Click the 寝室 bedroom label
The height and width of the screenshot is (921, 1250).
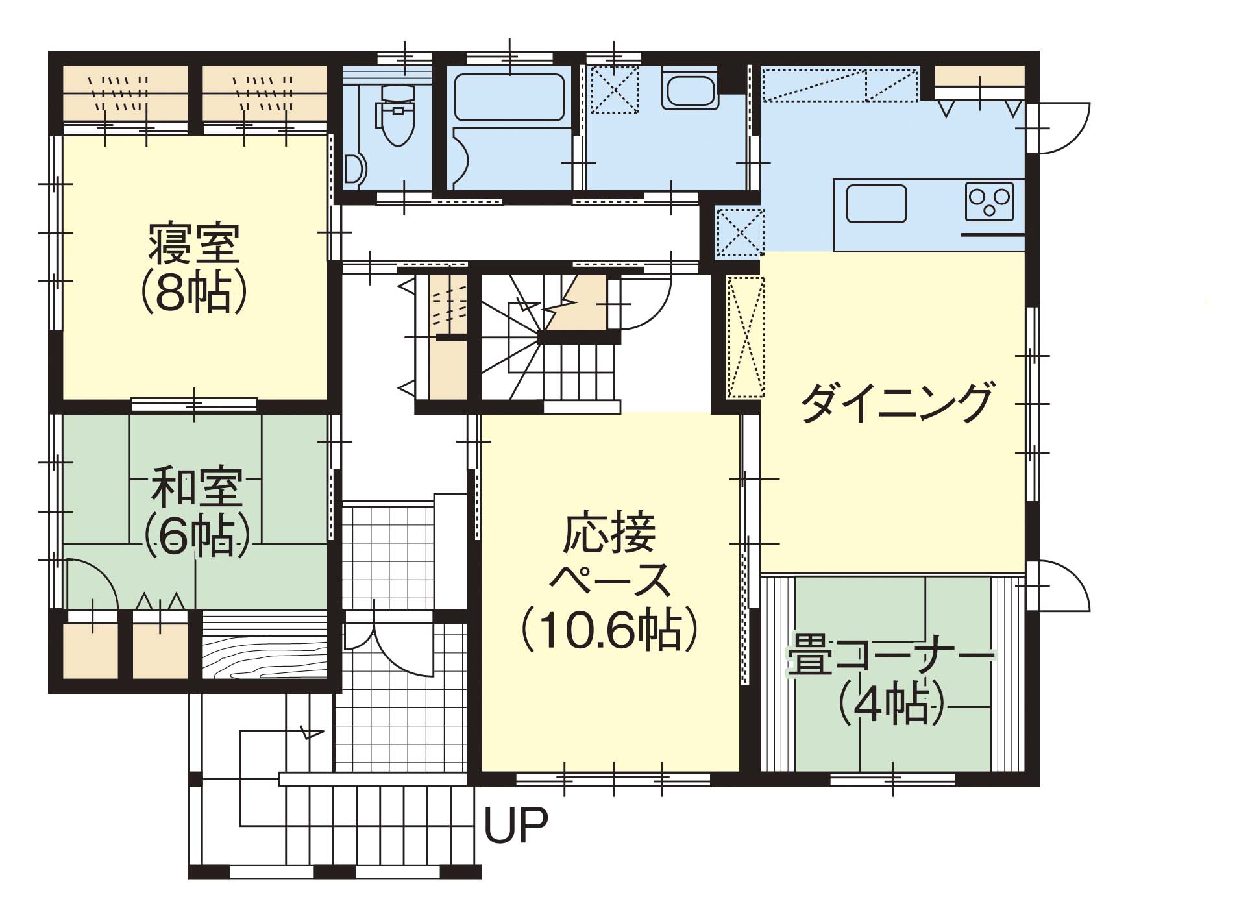click(194, 243)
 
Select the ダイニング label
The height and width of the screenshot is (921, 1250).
click(897, 403)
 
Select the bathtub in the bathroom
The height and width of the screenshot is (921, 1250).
click(509, 97)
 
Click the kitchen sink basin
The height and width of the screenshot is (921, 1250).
click(876, 204)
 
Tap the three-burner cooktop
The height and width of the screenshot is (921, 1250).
click(989, 202)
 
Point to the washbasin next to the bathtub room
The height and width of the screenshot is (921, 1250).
click(690, 90)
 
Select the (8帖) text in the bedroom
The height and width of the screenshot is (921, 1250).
click(194, 293)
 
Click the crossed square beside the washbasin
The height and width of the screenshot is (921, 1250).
click(614, 89)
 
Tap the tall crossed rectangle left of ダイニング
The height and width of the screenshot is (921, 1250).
click(746, 337)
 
